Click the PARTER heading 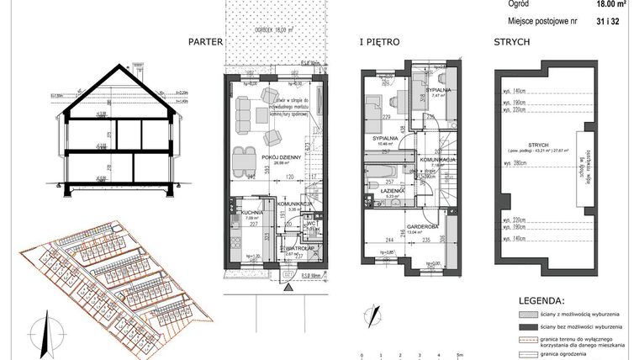pos(205,40)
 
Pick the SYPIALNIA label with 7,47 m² pos(437,90)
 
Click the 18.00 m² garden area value pos(612,3)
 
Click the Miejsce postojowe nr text pos(543,19)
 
